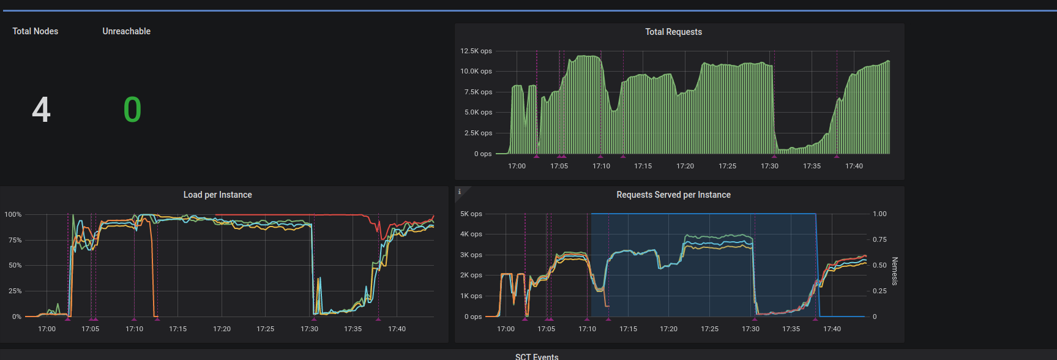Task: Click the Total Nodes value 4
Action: tap(41, 110)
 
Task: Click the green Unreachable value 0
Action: tap(132, 110)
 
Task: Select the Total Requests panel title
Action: tap(673, 32)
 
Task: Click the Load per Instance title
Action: tap(217, 195)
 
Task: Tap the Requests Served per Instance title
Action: tap(673, 195)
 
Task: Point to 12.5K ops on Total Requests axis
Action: tap(476, 51)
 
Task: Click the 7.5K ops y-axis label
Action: tap(478, 92)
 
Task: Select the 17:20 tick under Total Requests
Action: tap(685, 166)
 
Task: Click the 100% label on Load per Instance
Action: tap(13, 214)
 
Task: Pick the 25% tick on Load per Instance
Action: tap(15, 291)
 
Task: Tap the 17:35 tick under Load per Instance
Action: tap(353, 329)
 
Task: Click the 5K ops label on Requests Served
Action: tap(471, 214)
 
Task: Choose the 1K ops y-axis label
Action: tap(471, 296)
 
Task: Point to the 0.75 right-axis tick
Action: tap(880, 239)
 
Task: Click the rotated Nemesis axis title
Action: tap(895, 271)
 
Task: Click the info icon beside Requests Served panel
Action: tap(460, 192)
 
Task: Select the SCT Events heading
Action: tap(537, 356)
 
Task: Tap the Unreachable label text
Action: tap(126, 31)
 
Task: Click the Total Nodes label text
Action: tap(35, 31)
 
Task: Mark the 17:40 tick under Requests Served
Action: tap(832, 329)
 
